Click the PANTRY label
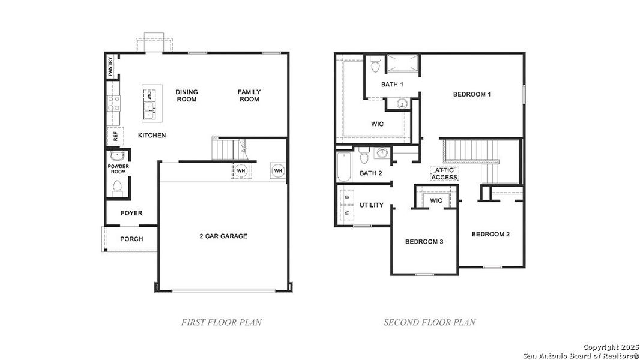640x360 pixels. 110,67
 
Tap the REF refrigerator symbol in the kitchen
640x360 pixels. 115,136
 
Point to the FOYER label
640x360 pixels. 131,213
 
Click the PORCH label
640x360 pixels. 131,239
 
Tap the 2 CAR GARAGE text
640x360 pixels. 223,236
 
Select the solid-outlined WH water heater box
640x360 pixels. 278,171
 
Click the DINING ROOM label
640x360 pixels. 187,96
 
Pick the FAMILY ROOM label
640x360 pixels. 249,96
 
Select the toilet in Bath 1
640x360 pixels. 375,62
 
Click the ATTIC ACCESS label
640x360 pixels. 444,173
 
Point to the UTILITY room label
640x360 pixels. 371,205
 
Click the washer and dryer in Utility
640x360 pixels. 346,205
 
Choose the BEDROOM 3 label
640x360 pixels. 424,242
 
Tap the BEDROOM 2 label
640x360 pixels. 490,234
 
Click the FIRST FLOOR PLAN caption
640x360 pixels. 222,322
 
